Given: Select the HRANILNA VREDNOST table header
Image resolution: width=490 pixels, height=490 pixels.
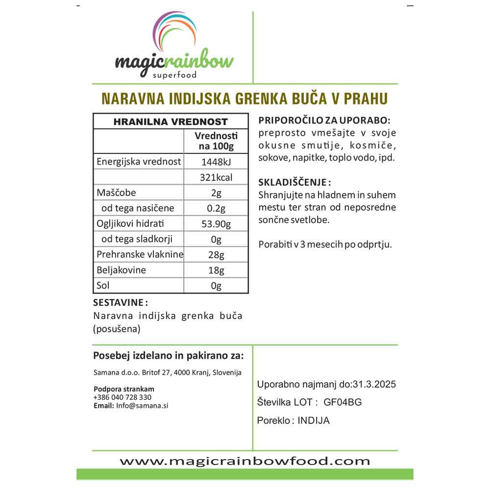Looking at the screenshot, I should click(171, 122).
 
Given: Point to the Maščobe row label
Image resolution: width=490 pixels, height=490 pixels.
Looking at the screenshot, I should click(116, 193).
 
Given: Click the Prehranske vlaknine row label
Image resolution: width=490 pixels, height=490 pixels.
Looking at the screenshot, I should click(140, 254).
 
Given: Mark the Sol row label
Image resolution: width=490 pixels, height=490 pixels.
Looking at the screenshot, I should click(103, 285).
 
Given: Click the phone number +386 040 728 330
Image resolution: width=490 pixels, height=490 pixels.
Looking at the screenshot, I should click(122, 397).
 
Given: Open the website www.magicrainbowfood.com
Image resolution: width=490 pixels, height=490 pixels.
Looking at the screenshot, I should click(245, 461).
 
